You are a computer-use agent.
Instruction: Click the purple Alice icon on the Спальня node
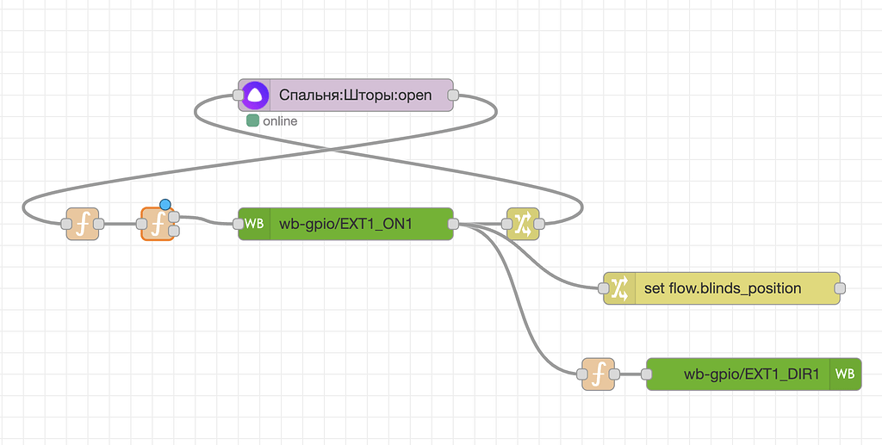pos(255,96)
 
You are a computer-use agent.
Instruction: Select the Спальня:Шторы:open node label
pos(355,96)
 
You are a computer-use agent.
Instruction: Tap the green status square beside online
pos(252,121)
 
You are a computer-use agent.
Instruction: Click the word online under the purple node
pos(280,121)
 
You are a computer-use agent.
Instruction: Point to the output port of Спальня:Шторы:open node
pos(454,96)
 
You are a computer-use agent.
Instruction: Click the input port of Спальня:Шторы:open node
pos(239,96)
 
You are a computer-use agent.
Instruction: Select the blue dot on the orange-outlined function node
pos(165,205)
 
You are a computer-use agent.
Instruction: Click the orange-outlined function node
pos(157,224)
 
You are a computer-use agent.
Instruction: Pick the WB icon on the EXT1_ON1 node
pos(254,224)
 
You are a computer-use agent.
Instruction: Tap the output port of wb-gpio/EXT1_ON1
pos(454,224)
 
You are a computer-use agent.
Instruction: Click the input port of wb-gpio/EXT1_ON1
pos(239,224)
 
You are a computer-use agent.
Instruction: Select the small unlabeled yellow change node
pos(523,224)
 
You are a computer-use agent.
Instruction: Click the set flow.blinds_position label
pos(723,288)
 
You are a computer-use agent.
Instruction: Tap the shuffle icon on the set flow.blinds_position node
pos(619,288)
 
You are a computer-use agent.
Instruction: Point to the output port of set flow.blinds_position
pos(840,288)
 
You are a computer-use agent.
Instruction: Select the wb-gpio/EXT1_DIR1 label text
pos(751,374)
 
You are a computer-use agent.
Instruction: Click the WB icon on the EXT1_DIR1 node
pos(845,374)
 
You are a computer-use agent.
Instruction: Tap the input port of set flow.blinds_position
pos(604,288)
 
